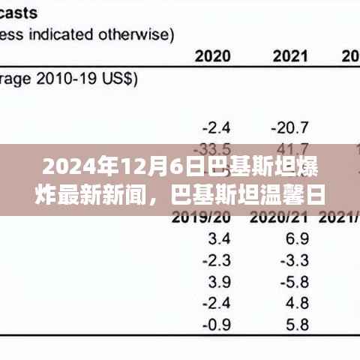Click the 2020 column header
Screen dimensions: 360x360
coord(213,55)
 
